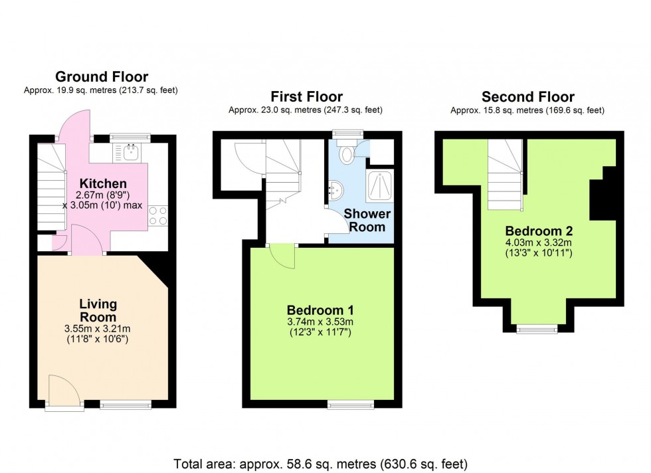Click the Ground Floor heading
tap(102, 77)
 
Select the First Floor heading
tap(306, 97)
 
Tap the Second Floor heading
tap(527, 97)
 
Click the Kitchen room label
tap(103, 183)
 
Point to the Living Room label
tap(98, 310)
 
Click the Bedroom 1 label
tap(320, 310)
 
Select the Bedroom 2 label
tap(539, 231)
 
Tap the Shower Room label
tap(367, 220)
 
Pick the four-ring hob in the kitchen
tap(158, 215)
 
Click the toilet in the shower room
tap(345, 151)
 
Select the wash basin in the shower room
tap(335, 191)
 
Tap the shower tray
tap(379, 185)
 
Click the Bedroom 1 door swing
tap(282, 255)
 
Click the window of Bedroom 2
tap(537, 329)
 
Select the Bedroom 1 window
tap(351, 404)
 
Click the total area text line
tap(320, 464)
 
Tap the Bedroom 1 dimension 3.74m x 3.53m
tap(320, 322)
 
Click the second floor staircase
tap(505, 175)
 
